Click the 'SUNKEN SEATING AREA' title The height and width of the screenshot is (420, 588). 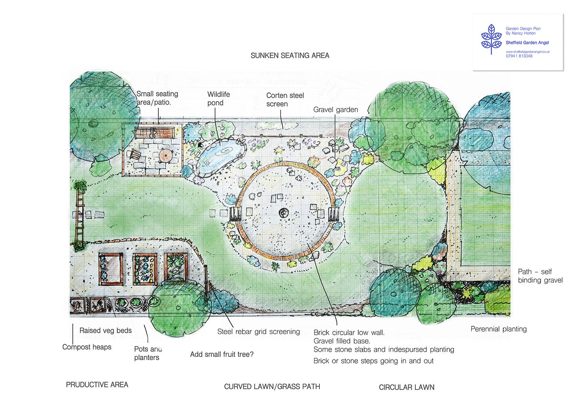pyautogui.click(x=290, y=56)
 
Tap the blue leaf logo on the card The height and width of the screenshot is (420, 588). pyautogui.click(x=491, y=39)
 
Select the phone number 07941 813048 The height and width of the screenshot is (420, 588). pyautogui.click(x=519, y=56)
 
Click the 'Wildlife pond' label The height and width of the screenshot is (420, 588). pyautogui.click(x=218, y=98)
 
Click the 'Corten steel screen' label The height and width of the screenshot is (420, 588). pyautogui.click(x=285, y=100)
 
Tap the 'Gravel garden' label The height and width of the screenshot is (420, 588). pyautogui.click(x=336, y=109)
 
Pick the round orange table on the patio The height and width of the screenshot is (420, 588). pyautogui.click(x=165, y=156)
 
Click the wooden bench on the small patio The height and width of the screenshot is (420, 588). pyautogui.click(x=154, y=133)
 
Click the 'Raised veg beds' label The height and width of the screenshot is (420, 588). pyautogui.click(x=105, y=331)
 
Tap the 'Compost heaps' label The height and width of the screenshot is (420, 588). pyautogui.click(x=87, y=347)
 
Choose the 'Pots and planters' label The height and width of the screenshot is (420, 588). pyautogui.click(x=148, y=353)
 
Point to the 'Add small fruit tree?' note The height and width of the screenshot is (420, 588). pyautogui.click(x=222, y=355)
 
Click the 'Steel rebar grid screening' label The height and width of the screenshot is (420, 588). pyautogui.click(x=259, y=331)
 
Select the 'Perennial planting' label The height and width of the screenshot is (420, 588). pyautogui.click(x=499, y=329)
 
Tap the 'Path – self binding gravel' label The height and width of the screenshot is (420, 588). pyautogui.click(x=540, y=276)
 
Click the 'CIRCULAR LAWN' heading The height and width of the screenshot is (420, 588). pyautogui.click(x=407, y=387)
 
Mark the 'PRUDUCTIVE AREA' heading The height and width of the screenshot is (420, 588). pyautogui.click(x=97, y=385)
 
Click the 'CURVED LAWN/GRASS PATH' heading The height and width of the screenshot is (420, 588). pyautogui.click(x=272, y=387)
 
